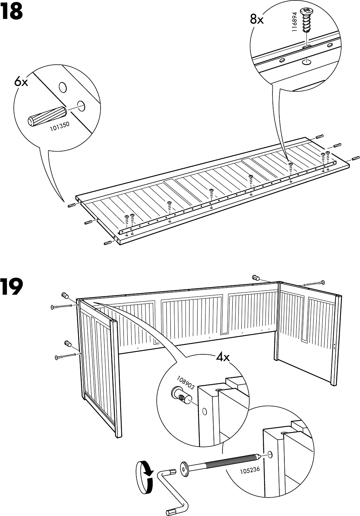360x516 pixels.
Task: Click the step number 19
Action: pyautogui.click(x=12, y=286)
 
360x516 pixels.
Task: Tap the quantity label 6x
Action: pyautogui.click(x=21, y=82)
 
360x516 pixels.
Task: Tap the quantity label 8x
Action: pyautogui.click(x=257, y=19)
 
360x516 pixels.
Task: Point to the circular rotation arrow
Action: pyautogui.click(x=144, y=477)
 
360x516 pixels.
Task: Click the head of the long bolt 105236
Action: pyautogui.click(x=185, y=469)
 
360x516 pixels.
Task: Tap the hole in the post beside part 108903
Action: pyautogui.click(x=204, y=411)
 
